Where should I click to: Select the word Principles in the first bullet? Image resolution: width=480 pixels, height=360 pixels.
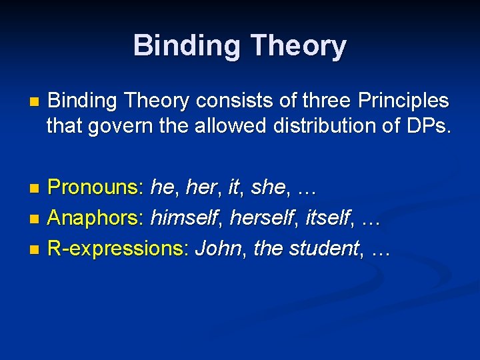pyautogui.click(x=404, y=101)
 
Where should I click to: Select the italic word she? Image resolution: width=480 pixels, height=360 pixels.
pyautogui.click(x=269, y=187)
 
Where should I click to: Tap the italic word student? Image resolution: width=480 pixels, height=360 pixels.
pyautogui.click(x=323, y=249)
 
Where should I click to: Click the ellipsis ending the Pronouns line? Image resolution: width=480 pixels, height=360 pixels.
pyautogui.click(x=305, y=189)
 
